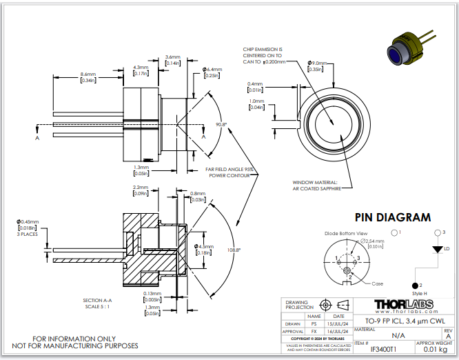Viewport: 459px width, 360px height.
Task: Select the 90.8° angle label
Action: tap(221, 124)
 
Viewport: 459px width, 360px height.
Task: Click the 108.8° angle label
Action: tap(234, 250)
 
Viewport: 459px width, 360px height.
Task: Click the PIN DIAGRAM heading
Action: tap(392, 217)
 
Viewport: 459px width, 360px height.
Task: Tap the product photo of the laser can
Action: tap(409, 45)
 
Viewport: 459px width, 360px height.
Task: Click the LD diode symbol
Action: tap(436, 248)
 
